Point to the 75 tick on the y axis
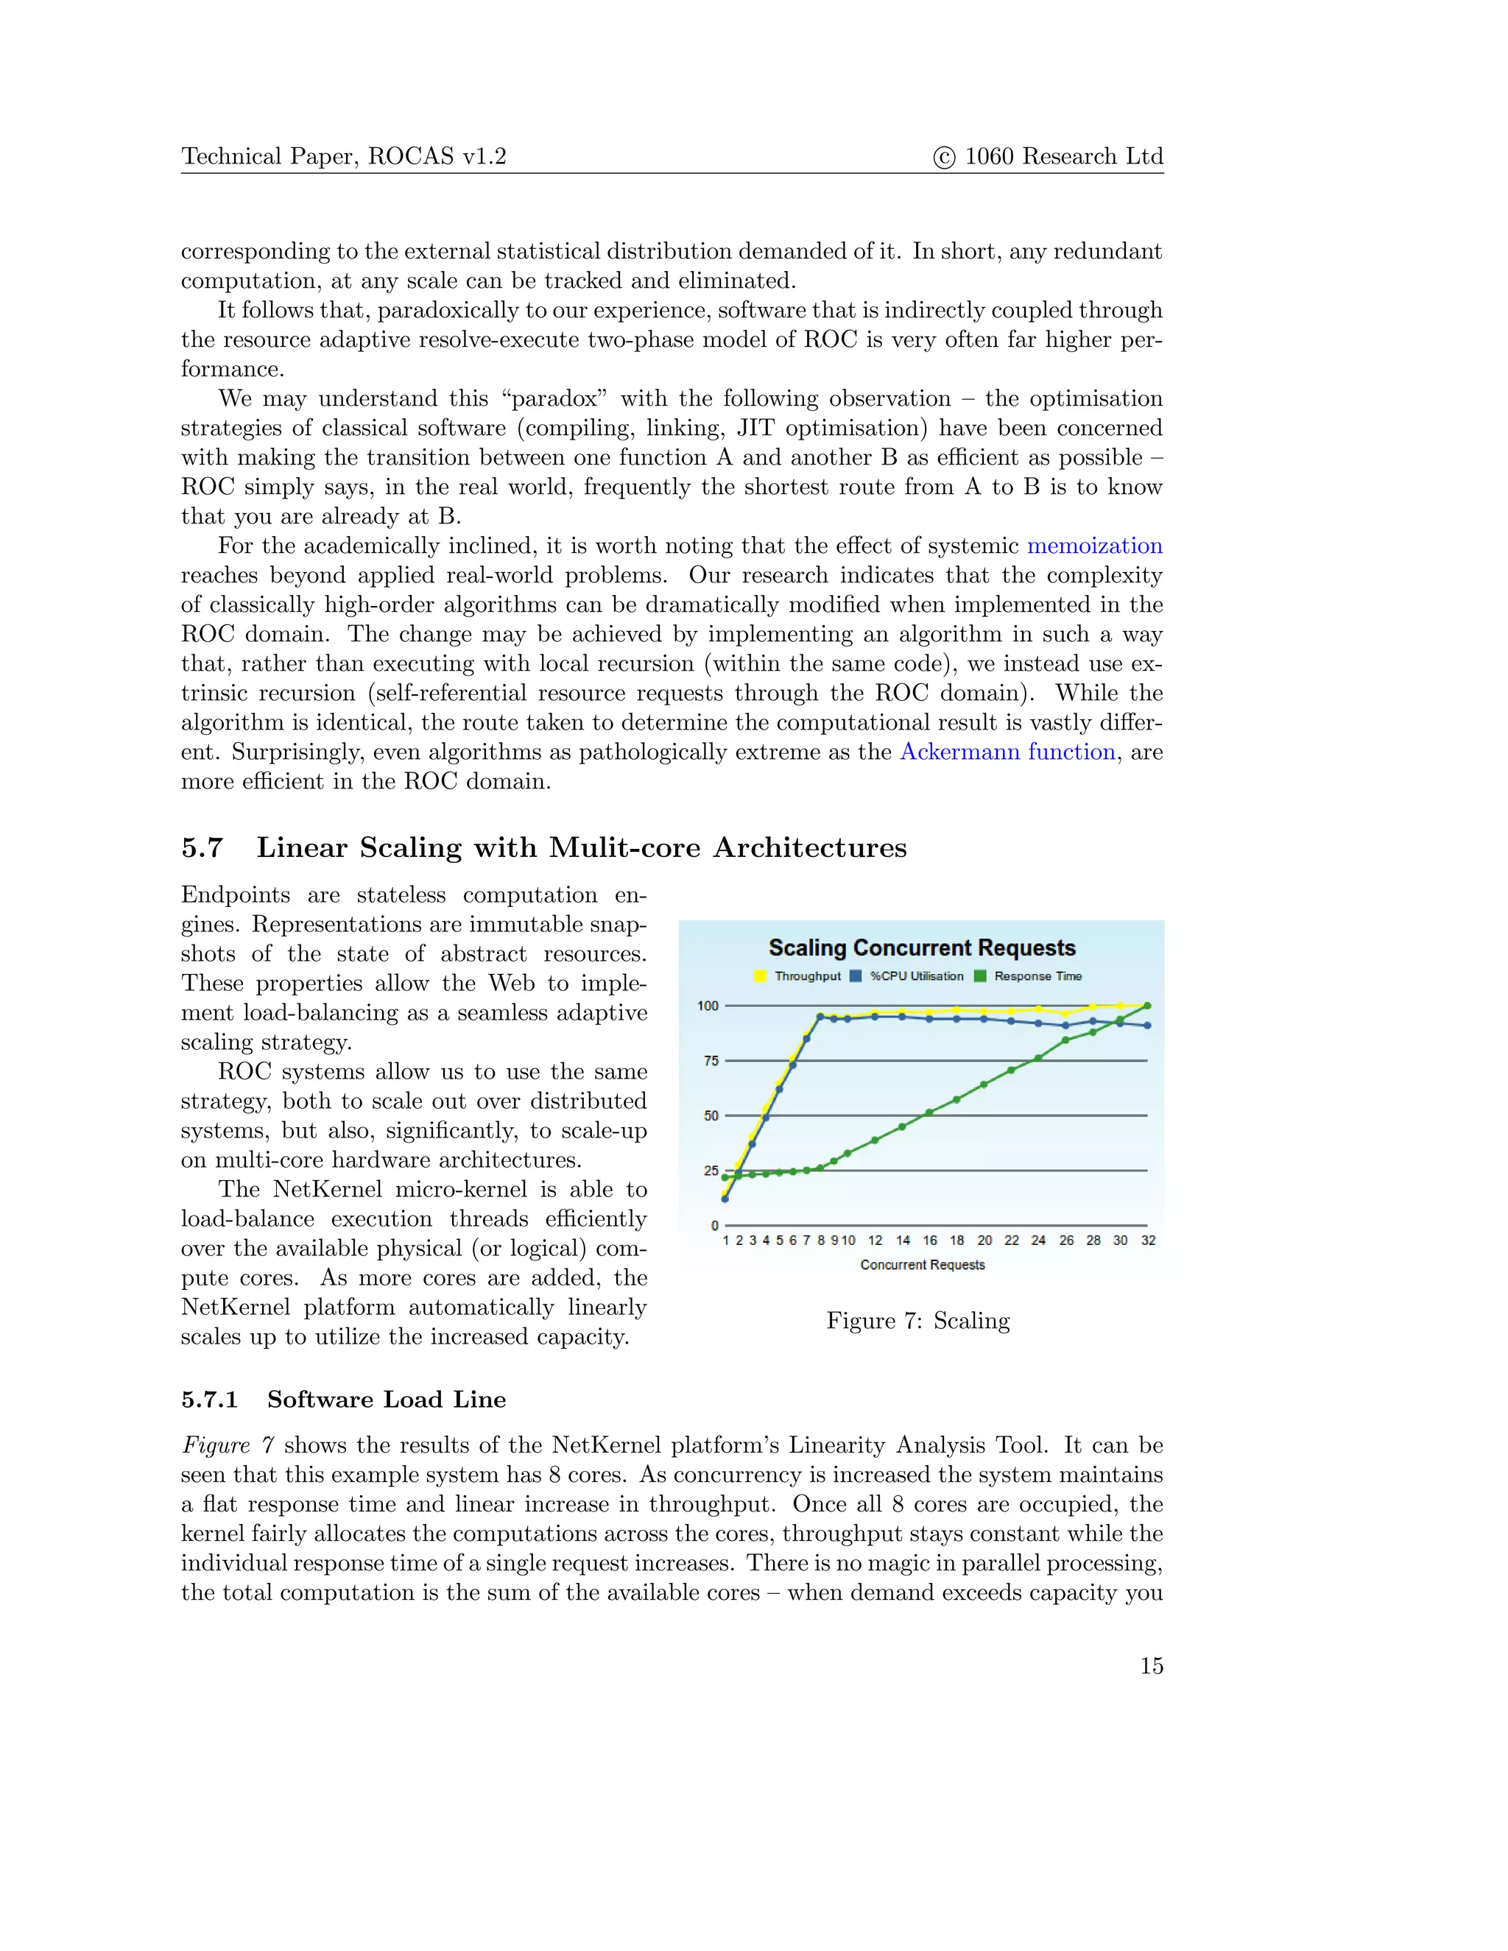click(711, 1061)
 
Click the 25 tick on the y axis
click(711, 1171)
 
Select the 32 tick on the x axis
click(1148, 1241)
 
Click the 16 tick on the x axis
click(930, 1241)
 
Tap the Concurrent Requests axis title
click(922, 1265)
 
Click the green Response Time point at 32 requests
click(1147, 1006)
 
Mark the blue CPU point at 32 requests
click(1147, 1026)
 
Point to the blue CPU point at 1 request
click(725, 1199)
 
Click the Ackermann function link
click(1007, 752)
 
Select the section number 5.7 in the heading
click(202, 847)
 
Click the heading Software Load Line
click(386, 1400)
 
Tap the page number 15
click(1151, 1666)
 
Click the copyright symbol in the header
click(943, 158)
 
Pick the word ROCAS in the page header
click(411, 158)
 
